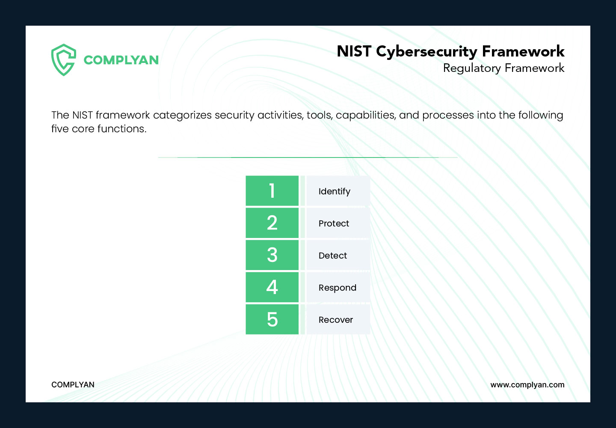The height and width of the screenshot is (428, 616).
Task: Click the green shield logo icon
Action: (x=63, y=59)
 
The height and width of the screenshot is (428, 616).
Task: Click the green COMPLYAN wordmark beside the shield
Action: (x=121, y=60)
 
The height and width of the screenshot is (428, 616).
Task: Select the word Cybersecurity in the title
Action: (x=426, y=52)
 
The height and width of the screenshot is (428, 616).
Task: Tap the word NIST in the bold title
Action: (x=354, y=51)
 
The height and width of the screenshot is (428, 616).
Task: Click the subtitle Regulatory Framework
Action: (x=503, y=68)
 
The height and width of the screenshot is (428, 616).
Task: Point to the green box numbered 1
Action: (x=272, y=191)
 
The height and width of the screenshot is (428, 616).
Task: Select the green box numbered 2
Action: (x=272, y=223)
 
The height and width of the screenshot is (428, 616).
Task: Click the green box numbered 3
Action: (x=272, y=255)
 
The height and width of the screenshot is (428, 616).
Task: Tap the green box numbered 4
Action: (x=272, y=287)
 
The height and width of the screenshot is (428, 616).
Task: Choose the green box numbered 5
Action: (x=272, y=319)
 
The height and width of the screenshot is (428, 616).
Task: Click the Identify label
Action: (x=334, y=191)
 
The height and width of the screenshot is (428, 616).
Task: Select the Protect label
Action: (x=334, y=223)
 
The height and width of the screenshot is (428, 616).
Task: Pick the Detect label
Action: (x=333, y=256)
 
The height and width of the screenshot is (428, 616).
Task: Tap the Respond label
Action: (x=337, y=288)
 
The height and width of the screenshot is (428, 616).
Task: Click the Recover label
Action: (x=336, y=320)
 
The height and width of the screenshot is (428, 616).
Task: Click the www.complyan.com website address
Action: (x=527, y=385)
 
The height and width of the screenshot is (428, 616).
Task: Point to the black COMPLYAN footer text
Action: (x=73, y=385)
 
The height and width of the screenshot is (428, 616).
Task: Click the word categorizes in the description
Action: (x=182, y=116)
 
